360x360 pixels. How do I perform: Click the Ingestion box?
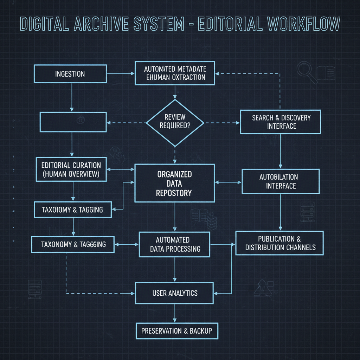70,74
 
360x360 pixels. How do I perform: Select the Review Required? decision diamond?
175,123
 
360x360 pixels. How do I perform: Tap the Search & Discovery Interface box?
281,122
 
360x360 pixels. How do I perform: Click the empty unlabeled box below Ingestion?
73,122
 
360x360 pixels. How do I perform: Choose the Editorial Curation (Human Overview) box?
71,169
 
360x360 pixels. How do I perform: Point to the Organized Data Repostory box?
174,183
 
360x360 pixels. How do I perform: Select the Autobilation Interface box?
281,181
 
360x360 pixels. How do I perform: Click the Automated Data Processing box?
175,244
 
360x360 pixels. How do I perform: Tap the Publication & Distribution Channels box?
279,243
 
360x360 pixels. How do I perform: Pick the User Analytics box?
174,293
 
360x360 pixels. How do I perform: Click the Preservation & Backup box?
177,331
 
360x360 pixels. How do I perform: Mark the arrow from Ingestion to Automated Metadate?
120,74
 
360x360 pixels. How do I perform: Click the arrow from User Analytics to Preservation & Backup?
175,313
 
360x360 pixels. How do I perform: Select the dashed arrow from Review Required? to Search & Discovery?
221,123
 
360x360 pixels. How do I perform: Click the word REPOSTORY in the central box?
174,193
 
